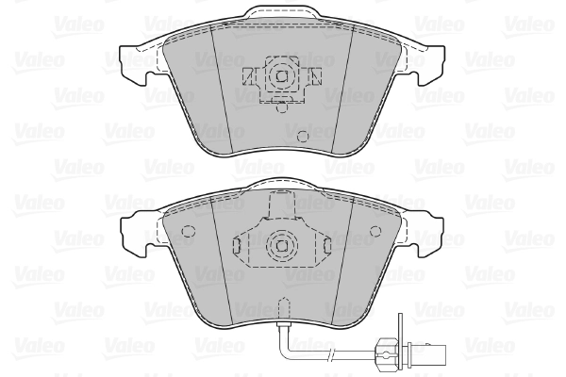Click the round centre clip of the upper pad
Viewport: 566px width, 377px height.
click(x=280, y=77)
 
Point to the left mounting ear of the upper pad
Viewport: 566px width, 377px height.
click(x=135, y=58)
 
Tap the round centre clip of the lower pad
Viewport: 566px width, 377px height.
click(x=280, y=247)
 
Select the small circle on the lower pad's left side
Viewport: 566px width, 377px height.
click(x=188, y=232)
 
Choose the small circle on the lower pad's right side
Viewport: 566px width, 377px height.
click(x=375, y=232)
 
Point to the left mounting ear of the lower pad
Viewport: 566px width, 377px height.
click(x=135, y=229)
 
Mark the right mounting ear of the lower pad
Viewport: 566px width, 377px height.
click(x=428, y=229)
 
